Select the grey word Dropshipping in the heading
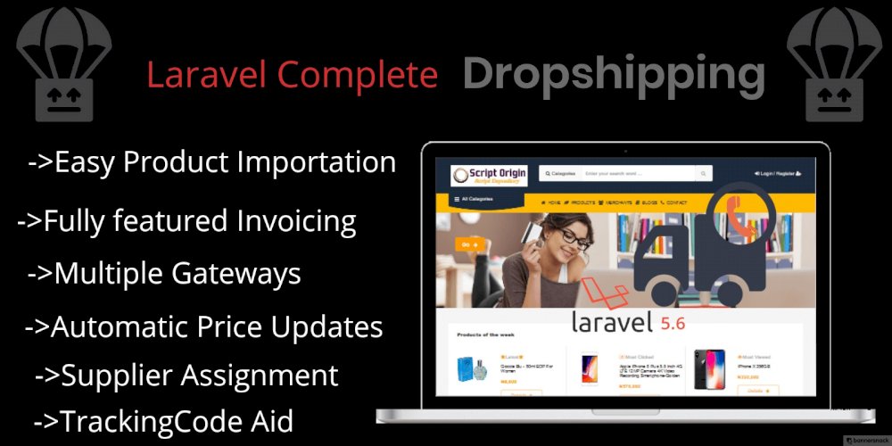tap(614, 75)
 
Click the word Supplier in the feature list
tap(117, 375)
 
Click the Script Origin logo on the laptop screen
tap(489, 174)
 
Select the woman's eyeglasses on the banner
tap(574, 239)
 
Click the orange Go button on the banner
tap(468, 244)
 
